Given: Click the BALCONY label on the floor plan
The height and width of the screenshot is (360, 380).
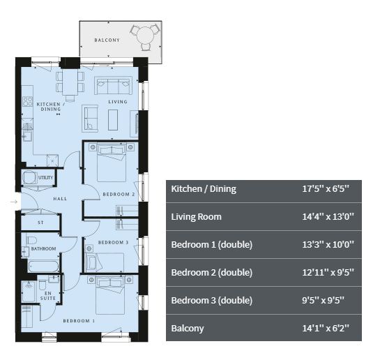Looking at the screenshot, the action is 107,40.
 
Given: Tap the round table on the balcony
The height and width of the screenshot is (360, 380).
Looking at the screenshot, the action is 145,35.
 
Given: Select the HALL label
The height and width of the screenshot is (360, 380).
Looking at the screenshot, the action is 60,199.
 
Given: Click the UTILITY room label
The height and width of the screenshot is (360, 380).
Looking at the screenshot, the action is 45,177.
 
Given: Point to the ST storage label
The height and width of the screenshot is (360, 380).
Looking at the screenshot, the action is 40,223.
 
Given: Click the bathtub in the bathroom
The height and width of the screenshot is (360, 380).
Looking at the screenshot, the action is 43,267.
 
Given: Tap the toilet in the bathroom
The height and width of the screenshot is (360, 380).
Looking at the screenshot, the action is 31,240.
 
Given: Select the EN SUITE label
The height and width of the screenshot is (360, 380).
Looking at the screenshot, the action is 48,296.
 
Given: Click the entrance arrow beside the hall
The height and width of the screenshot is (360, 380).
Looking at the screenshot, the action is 14,202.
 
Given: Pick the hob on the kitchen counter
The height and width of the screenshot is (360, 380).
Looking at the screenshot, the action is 27,101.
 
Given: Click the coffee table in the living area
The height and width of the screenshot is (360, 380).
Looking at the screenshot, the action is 113,120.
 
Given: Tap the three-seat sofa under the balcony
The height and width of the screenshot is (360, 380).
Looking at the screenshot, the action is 113,85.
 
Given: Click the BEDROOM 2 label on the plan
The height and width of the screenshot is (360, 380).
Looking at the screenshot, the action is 119,194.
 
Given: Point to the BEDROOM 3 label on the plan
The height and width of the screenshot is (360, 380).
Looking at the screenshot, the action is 113,242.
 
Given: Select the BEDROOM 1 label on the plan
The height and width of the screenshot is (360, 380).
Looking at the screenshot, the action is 79,321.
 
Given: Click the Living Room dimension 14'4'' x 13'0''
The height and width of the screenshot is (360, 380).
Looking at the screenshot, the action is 328,216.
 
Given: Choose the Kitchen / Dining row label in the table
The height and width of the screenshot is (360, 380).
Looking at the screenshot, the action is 204,189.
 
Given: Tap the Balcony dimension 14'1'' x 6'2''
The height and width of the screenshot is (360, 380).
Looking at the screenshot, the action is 326,328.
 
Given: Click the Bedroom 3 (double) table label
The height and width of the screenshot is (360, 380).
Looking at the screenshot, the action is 211,301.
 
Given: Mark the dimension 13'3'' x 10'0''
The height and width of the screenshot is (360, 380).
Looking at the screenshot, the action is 328,244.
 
